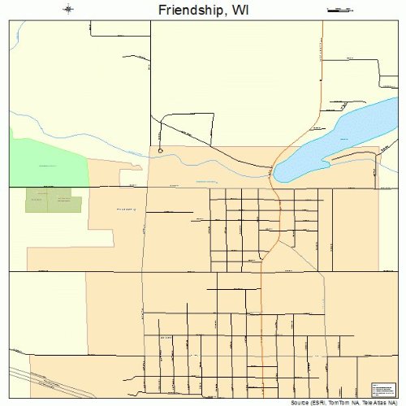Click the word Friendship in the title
(181, 10)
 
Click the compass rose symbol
(68, 10)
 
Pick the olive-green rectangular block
(54, 201)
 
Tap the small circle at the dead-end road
(161, 150)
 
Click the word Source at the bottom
(295, 402)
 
